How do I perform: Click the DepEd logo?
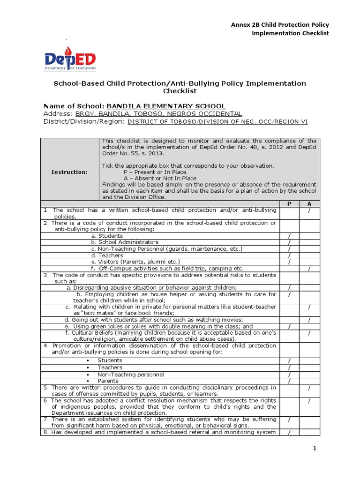click(x=70, y=59)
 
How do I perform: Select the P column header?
click(x=290, y=204)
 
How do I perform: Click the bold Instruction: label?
click(x=69, y=172)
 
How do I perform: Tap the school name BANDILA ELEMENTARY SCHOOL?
click(x=166, y=106)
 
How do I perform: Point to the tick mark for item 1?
click(x=309, y=210)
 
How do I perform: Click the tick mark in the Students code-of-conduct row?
click(x=290, y=236)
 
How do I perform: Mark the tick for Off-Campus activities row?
click(x=309, y=268)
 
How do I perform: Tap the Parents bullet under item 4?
click(x=108, y=381)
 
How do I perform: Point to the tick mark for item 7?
click(x=290, y=419)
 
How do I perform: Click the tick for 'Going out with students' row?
click(x=309, y=320)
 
